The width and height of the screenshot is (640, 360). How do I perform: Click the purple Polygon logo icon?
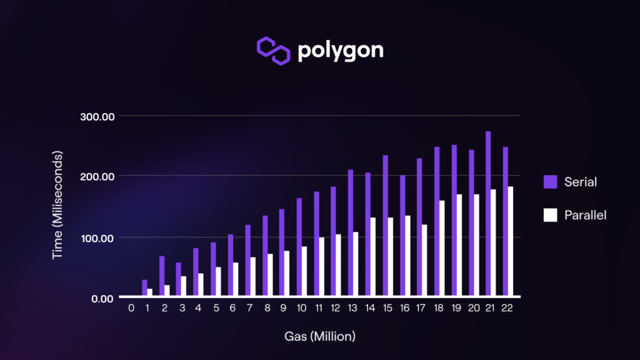274,51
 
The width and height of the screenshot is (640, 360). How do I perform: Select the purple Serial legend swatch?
550,182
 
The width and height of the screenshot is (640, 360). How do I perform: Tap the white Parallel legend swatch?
550,215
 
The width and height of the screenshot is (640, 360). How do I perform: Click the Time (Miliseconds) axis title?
57,205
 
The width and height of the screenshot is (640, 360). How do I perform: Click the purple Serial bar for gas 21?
488,214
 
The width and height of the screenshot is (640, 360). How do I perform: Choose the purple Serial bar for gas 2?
162,276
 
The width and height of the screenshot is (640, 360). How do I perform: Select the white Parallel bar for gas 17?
425,261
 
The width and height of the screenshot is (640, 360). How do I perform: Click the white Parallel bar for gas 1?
150,292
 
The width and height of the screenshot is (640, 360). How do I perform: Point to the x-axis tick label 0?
131,308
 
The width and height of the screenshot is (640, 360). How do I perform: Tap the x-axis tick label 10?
302,308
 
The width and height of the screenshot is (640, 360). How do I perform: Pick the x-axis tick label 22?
507,308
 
